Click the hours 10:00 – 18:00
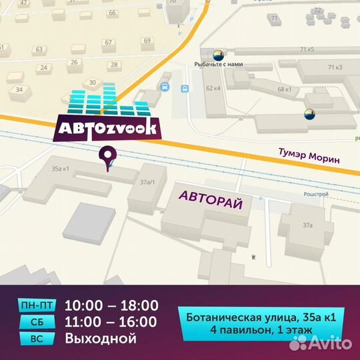coord(111,306)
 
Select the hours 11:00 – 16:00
coord(111,322)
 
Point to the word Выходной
coord(101,338)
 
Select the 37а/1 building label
coord(147,181)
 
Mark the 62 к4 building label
coord(213,88)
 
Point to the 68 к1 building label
coord(285,89)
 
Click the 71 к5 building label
coord(307,49)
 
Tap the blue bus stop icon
coord(163,87)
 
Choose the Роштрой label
coord(315,194)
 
